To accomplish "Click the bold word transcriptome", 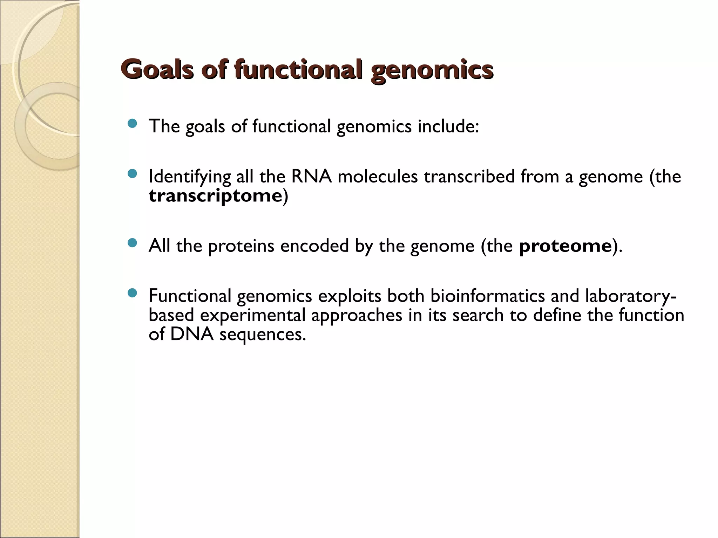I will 215,195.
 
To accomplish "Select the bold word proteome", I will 565,246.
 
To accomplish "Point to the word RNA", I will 311,176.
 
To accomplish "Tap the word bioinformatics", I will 487,296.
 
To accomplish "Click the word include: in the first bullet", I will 448,126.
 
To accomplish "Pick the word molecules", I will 378,176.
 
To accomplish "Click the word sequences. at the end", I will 263,335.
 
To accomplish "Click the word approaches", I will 356,316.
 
